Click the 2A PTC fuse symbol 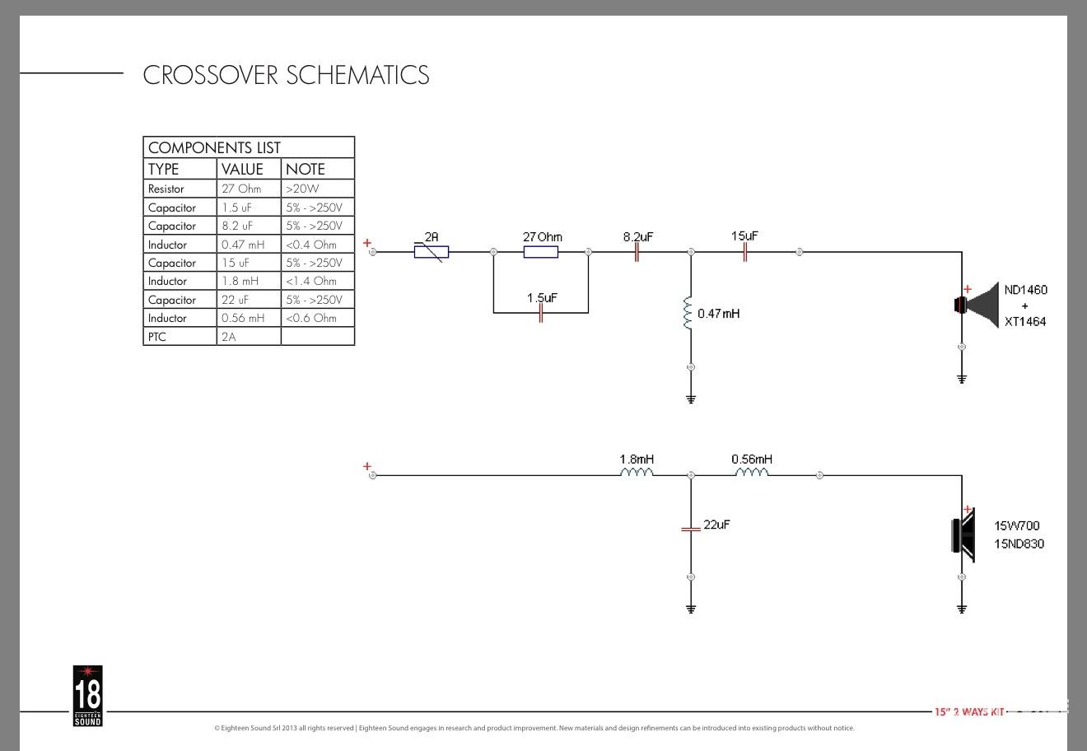click(432, 252)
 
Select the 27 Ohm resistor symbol click(540, 252)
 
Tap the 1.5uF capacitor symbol click(540, 313)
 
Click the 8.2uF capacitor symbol click(637, 252)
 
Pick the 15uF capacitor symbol click(744, 252)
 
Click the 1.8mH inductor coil click(637, 473)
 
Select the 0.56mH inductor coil click(751, 473)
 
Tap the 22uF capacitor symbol click(690, 528)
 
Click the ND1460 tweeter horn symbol click(976, 306)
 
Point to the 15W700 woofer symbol click(963, 536)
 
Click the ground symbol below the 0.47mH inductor click(690, 399)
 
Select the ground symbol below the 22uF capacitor click(690, 609)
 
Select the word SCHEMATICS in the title click(357, 75)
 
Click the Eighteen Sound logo click(87, 696)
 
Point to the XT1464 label click(1025, 322)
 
